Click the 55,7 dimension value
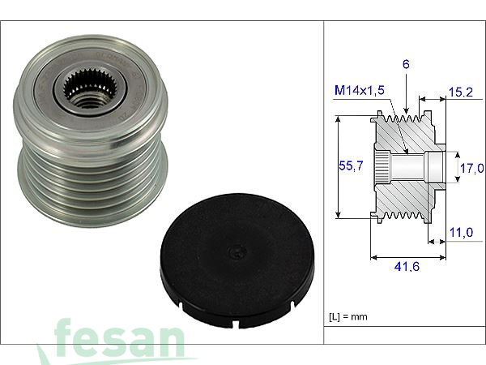(x=350, y=166)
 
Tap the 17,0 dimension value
(x=471, y=169)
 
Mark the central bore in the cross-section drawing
(x=413, y=167)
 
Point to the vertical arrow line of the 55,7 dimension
(x=338, y=167)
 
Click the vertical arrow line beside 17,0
(x=454, y=167)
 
